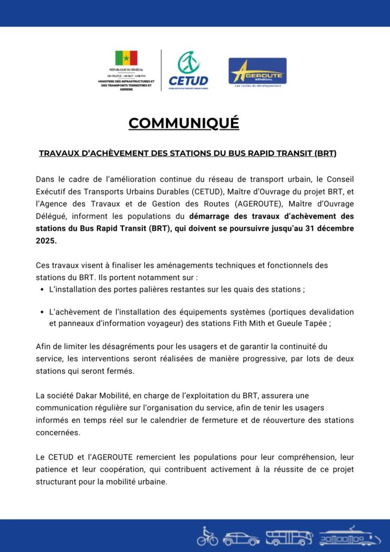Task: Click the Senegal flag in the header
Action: click(126, 58)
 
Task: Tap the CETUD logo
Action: click(188, 70)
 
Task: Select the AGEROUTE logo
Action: click(257, 71)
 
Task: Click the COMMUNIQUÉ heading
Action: click(184, 123)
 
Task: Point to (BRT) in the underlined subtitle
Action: click(325, 154)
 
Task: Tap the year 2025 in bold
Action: click(46, 240)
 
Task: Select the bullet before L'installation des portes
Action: click(42, 290)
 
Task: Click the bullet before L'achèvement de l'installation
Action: click(42, 313)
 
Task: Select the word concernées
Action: click(58, 432)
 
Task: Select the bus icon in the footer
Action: click(289, 537)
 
